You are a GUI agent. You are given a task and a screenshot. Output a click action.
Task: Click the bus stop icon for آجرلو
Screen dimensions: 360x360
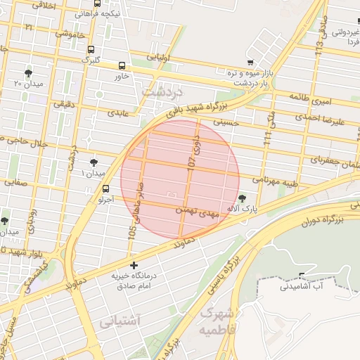[105, 188]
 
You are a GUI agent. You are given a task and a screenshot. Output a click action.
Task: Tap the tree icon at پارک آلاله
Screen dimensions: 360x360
[243, 198]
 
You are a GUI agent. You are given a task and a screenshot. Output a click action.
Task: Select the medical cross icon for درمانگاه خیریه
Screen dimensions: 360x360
[134, 266]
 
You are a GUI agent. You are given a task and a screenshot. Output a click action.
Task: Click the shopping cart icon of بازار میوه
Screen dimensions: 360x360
[250, 62]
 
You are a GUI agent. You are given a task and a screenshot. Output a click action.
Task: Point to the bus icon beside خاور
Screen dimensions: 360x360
[122, 65]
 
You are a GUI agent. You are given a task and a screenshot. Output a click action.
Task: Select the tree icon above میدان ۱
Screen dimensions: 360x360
[94, 162]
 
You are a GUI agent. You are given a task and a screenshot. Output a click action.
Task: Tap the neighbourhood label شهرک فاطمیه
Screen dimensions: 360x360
[215, 320]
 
